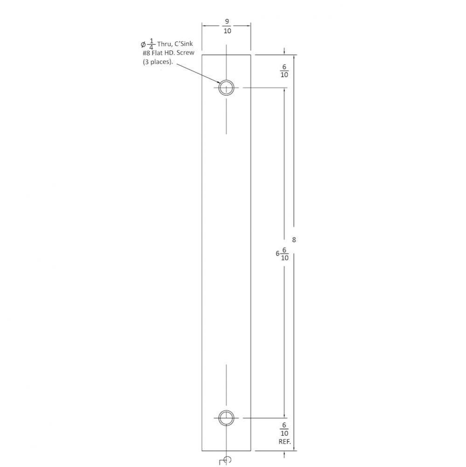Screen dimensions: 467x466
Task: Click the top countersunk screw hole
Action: tap(226, 87)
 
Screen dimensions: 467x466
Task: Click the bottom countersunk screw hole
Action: tap(226, 417)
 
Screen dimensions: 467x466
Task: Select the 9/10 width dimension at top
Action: tap(227, 27)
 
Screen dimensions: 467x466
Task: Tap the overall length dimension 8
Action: tap(294, 240)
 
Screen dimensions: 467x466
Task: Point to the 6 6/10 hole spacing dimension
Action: tap(282, 254)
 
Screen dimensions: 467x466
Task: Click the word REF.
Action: tap(285, 441)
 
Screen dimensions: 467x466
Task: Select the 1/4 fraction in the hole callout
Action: tap(151, 44)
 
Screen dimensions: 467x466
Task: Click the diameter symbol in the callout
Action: tap(143, 45)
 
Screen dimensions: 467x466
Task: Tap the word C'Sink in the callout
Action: tap(183, 44)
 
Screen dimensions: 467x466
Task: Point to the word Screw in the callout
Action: tap(185, 53)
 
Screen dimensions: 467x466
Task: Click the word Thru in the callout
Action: tap(165, 44)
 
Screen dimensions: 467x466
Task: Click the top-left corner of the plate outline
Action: tap(202, 55)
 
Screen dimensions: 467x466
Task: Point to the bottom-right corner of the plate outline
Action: tap(251, 451)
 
